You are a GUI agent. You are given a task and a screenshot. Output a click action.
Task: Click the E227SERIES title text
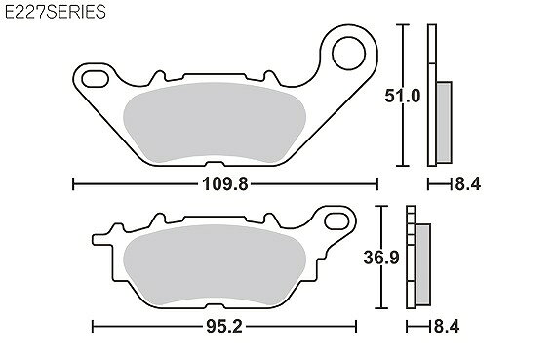[56, 12]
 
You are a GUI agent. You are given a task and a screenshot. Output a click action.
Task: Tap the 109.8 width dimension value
[225, 184]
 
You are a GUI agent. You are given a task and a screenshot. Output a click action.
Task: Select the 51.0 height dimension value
[403, 96]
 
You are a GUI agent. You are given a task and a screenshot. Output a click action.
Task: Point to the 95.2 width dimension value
[224, 327]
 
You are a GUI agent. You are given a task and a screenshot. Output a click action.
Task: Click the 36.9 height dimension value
[381, 258]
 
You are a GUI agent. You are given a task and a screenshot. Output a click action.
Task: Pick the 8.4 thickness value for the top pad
[468, 184]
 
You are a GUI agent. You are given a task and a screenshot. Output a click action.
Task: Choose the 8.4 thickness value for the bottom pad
[447, 327]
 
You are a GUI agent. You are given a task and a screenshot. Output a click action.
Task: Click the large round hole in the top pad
[349, 54]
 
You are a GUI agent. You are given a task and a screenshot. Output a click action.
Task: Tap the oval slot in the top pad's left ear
[95, 79]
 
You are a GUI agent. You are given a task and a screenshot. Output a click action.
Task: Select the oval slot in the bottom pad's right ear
[336, 221]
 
